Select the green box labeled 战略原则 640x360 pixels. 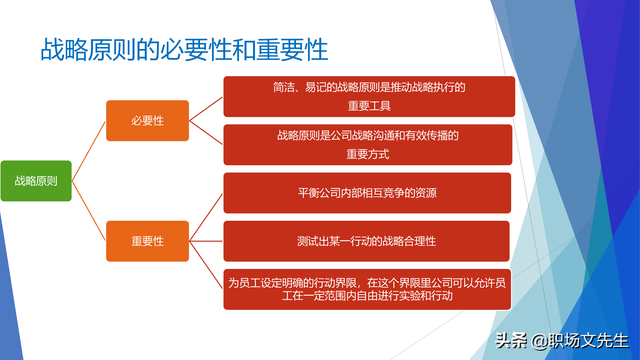(36, 181)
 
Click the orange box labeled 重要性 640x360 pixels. (147, 241)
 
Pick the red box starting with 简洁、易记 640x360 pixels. (367, 96)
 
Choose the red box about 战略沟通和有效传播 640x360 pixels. (367, 145)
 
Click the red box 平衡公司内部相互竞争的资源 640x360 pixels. (367, 193)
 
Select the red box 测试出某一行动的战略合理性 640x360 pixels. (367, 241)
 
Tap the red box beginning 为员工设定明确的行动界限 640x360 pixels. (367, 290)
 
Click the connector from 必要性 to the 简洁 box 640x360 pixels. (205, 108)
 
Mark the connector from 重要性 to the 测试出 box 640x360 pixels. (205, 241)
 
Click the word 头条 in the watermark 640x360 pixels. (511, 341)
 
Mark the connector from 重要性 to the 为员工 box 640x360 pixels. (205, 266)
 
